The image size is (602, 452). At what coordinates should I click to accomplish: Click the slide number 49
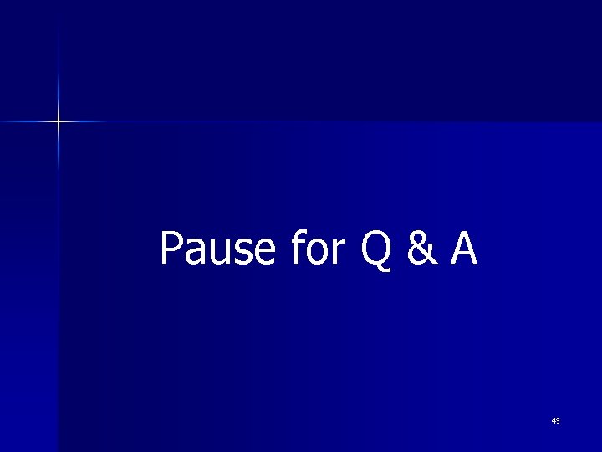(556, 420)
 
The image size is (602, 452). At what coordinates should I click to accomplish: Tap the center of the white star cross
(59, 121)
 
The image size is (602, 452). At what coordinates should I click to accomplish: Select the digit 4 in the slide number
(554, 420)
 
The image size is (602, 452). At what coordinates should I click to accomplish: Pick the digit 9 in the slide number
(559, 420)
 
